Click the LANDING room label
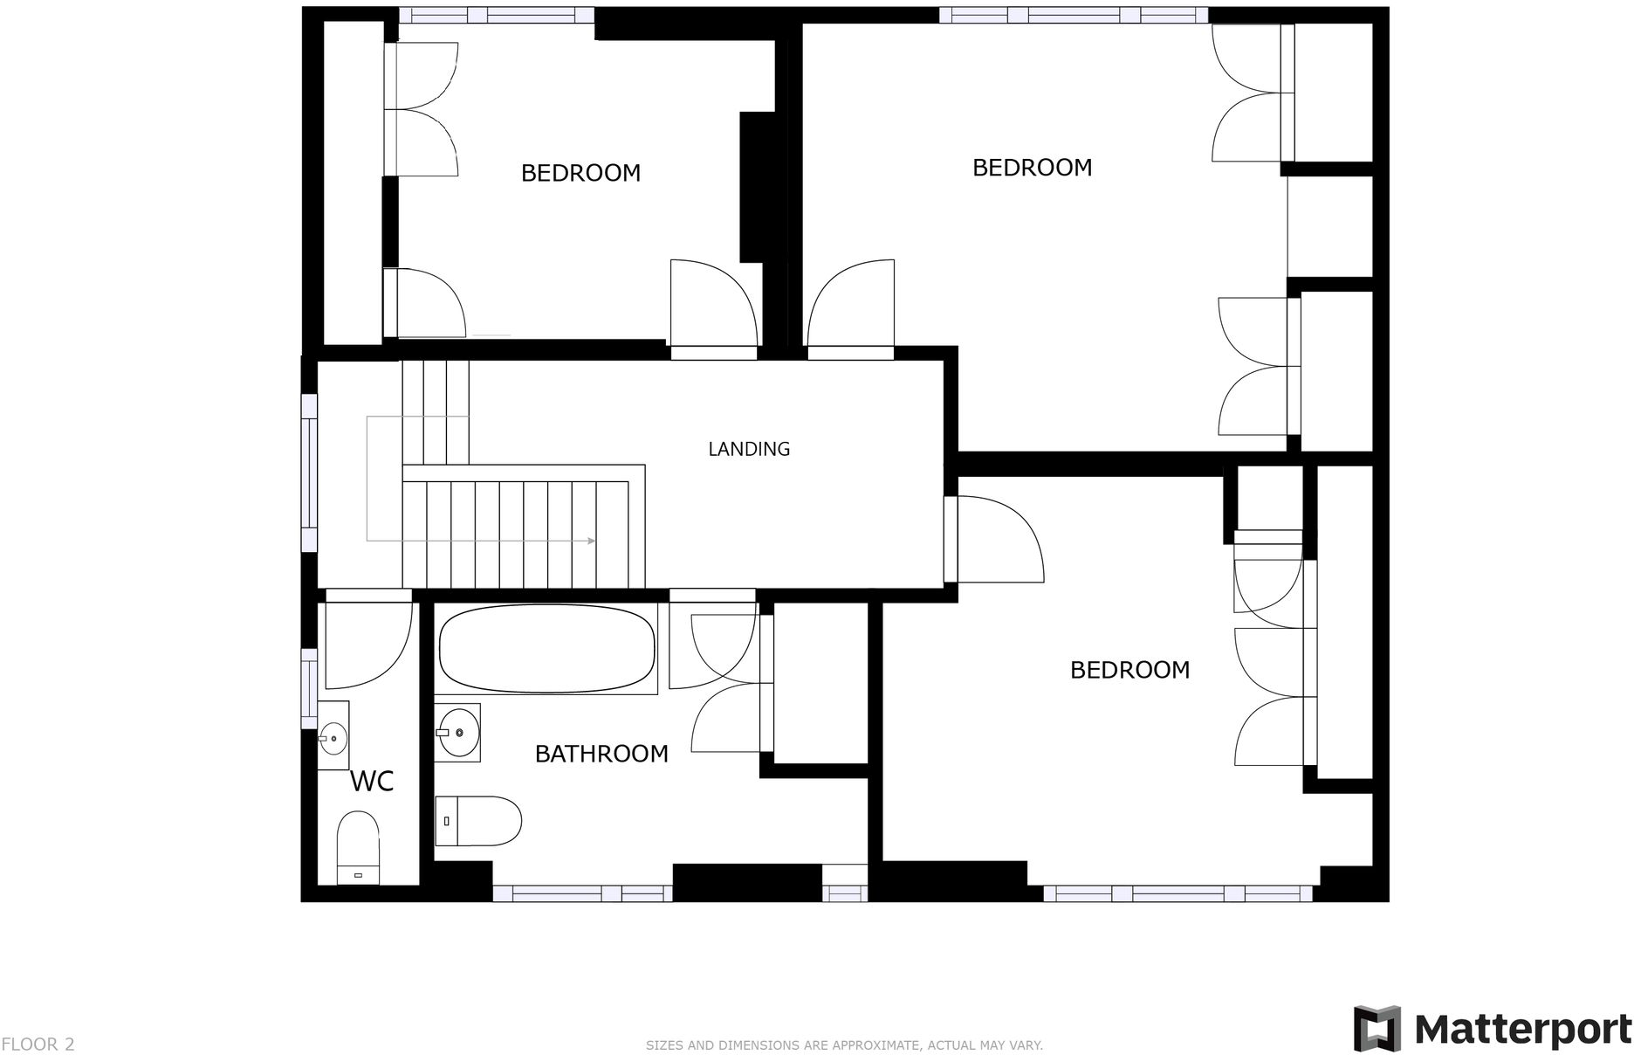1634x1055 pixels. [x=748, y=449]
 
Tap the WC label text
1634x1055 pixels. [x=372, y=781]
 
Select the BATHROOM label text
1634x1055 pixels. [x=601, y=754]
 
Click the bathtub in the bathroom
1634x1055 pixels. [x=547, y=649]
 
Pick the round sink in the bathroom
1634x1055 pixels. [x=457, y=732]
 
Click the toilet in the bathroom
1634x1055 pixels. [x=477, y=821]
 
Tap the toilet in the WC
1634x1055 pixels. [x=358, y=846]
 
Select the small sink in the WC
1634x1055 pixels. [x=333, y=737]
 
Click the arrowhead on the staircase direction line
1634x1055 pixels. [x=592, y=541]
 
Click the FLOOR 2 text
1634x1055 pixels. [x=38, y=1045]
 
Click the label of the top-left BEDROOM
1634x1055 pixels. [x=580, y=173]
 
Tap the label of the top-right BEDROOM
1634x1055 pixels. [x=1032, y=167]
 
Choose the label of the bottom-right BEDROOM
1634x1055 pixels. [x=1129, y=670]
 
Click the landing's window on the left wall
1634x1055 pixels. [x=309, y=472]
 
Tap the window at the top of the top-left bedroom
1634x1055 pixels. [x=497, y=15]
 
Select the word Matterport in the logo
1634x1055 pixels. [x=1522, y=1030]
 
